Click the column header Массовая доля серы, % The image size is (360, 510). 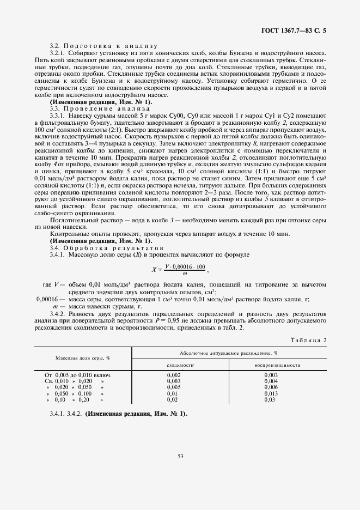pos(82,358)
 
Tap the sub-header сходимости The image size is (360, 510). pos(180,365)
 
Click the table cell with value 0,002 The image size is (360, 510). pos(174,375)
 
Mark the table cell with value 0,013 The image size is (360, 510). pos(271,393)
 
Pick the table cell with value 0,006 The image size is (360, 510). pos(271,387)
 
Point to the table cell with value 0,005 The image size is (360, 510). pos(174,387)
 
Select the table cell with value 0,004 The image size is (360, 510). pos(271,381)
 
